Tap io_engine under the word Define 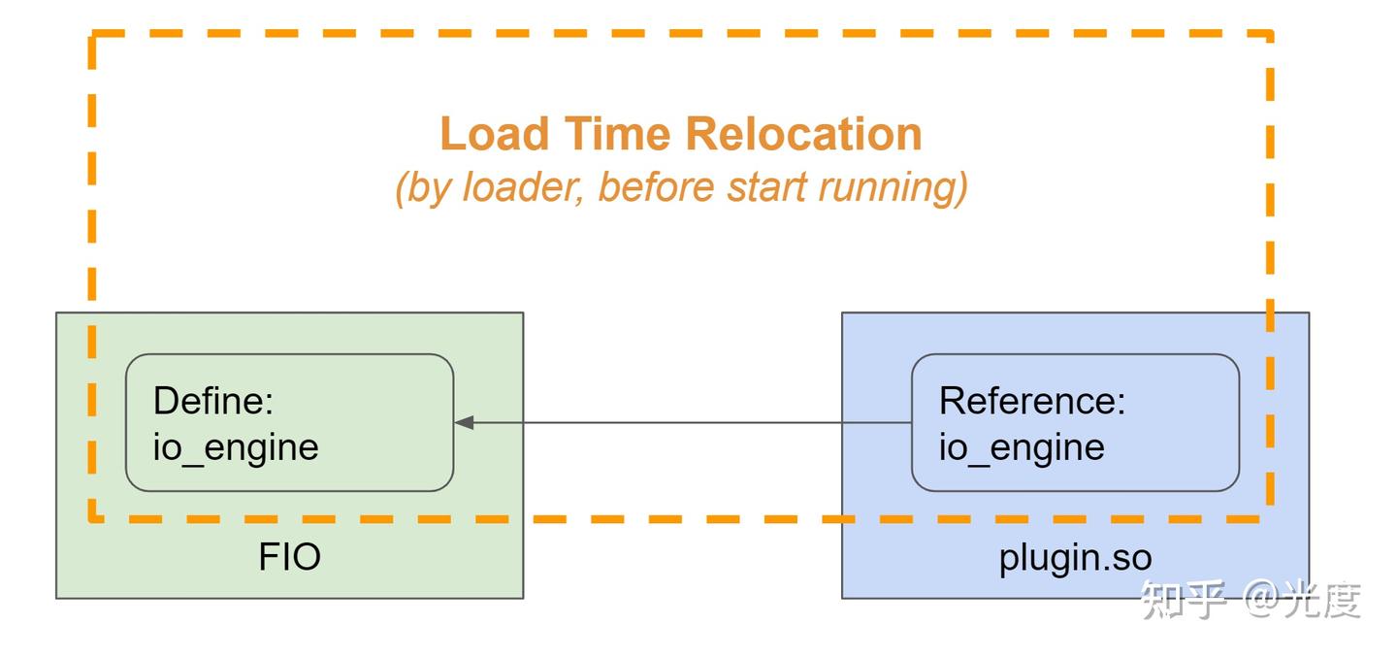point(236,447)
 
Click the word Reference point(1032,401)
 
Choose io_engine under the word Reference point(1022,447)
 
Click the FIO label point(289,558)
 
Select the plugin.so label point(1075,558)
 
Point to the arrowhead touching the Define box point(464,423)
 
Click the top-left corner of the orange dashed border point(93,36)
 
